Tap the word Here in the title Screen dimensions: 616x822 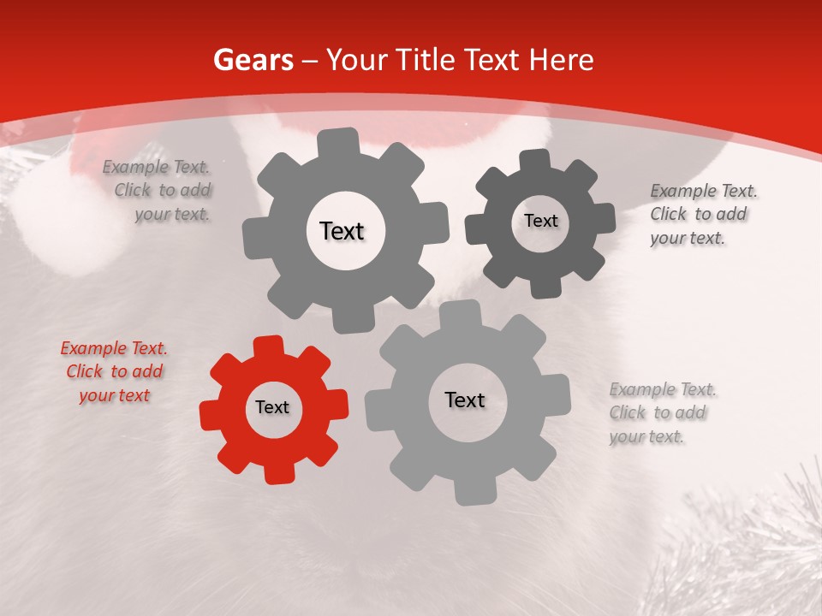click(561, 60)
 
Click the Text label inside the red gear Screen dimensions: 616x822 click(272, 408)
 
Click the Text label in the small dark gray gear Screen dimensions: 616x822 click(540, 221)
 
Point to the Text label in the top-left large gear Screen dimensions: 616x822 click(342, 231)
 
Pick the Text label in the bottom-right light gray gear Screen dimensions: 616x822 click(465, 400)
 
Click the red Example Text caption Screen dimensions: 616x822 click(114, 372)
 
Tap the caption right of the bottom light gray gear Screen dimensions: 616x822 click(661, 413)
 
